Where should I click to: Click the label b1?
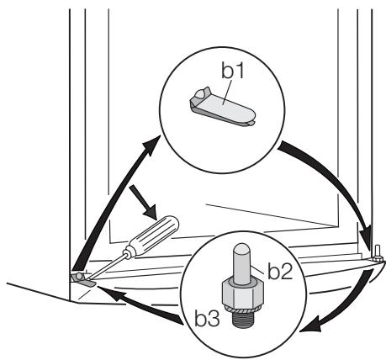click(233, 71)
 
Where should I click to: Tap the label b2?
click(280, 271)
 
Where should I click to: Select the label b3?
click(207, 318)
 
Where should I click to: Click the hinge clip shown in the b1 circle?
click(221, 108)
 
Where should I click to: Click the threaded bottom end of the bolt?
click(243, 318)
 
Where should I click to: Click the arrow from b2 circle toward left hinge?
click(140, 304)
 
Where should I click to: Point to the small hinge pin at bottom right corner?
click(377, 253)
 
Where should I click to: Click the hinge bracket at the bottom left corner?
click(83, 280)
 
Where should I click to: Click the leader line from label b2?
click(257, 268)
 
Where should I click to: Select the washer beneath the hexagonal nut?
click(243, 309)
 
